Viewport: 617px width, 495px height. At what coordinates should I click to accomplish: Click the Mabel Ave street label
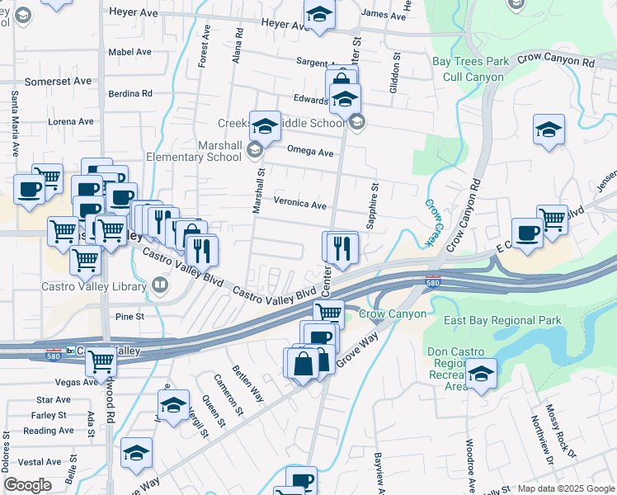[130, 51]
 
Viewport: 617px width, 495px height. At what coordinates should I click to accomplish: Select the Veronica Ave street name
[300, 204]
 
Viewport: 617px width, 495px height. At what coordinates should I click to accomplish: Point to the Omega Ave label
[309, 152]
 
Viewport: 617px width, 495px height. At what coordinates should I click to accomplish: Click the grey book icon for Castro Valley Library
[160, 286]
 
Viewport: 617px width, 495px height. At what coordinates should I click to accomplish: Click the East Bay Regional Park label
[502, 320]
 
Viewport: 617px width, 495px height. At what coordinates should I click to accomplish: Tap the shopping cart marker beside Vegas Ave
[101, 361]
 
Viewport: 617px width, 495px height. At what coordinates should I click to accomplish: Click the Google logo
[27, 485]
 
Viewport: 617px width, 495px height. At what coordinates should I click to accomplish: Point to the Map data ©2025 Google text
[565, 488]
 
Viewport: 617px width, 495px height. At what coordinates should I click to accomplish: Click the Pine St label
[130, 316]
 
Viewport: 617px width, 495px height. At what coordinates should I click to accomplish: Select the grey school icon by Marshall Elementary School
[255, 149]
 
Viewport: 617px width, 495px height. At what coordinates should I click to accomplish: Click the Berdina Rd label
[130, 93]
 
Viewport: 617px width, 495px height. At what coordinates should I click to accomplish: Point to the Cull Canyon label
[473, 76]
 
